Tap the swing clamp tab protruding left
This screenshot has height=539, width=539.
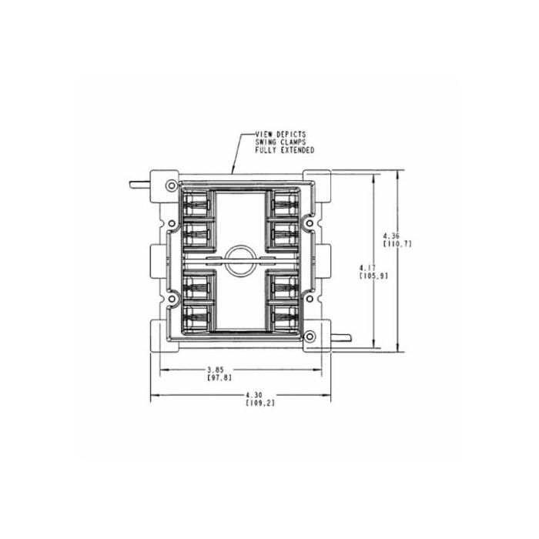pos(138,186)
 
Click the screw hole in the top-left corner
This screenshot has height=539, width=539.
pos(170,186)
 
